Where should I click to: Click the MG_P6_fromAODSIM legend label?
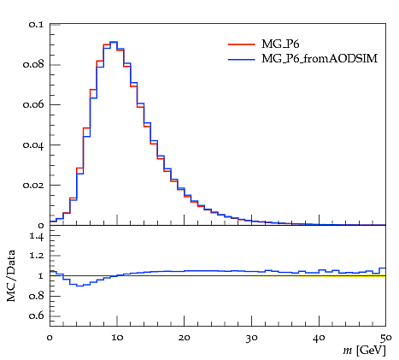click(x=320, y=59)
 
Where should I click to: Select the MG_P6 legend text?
click(x=280, y=44)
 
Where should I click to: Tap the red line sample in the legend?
click(x=242, y=44)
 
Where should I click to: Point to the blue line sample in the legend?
click(x=242, y=59)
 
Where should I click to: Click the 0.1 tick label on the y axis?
click(x=36, y=24)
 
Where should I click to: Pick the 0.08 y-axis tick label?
click(x=33, y=64)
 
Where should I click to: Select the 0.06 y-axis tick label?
click(x=33, y=104)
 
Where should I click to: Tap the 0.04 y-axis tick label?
click(x=33, y=145)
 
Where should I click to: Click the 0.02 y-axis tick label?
click(x=33, y=186)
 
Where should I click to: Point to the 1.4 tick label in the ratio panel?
click(x=37, y=236)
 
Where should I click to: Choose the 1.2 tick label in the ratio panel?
click(x=37, y=256)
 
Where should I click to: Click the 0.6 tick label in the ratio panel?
click(x=36, y=316)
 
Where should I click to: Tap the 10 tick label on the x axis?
click(x=117, y=338)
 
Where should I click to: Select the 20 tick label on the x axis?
click(x=185, y=338)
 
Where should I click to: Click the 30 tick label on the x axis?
click(x=251, y=338)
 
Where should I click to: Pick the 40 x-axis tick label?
click(x=319, y=338)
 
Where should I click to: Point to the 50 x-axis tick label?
click(x=386, y=338)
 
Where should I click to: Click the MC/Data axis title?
click(x=11, y=275)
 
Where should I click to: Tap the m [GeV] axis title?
click(x=364, y=351)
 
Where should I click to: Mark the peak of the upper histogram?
click(x=114, y=42)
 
